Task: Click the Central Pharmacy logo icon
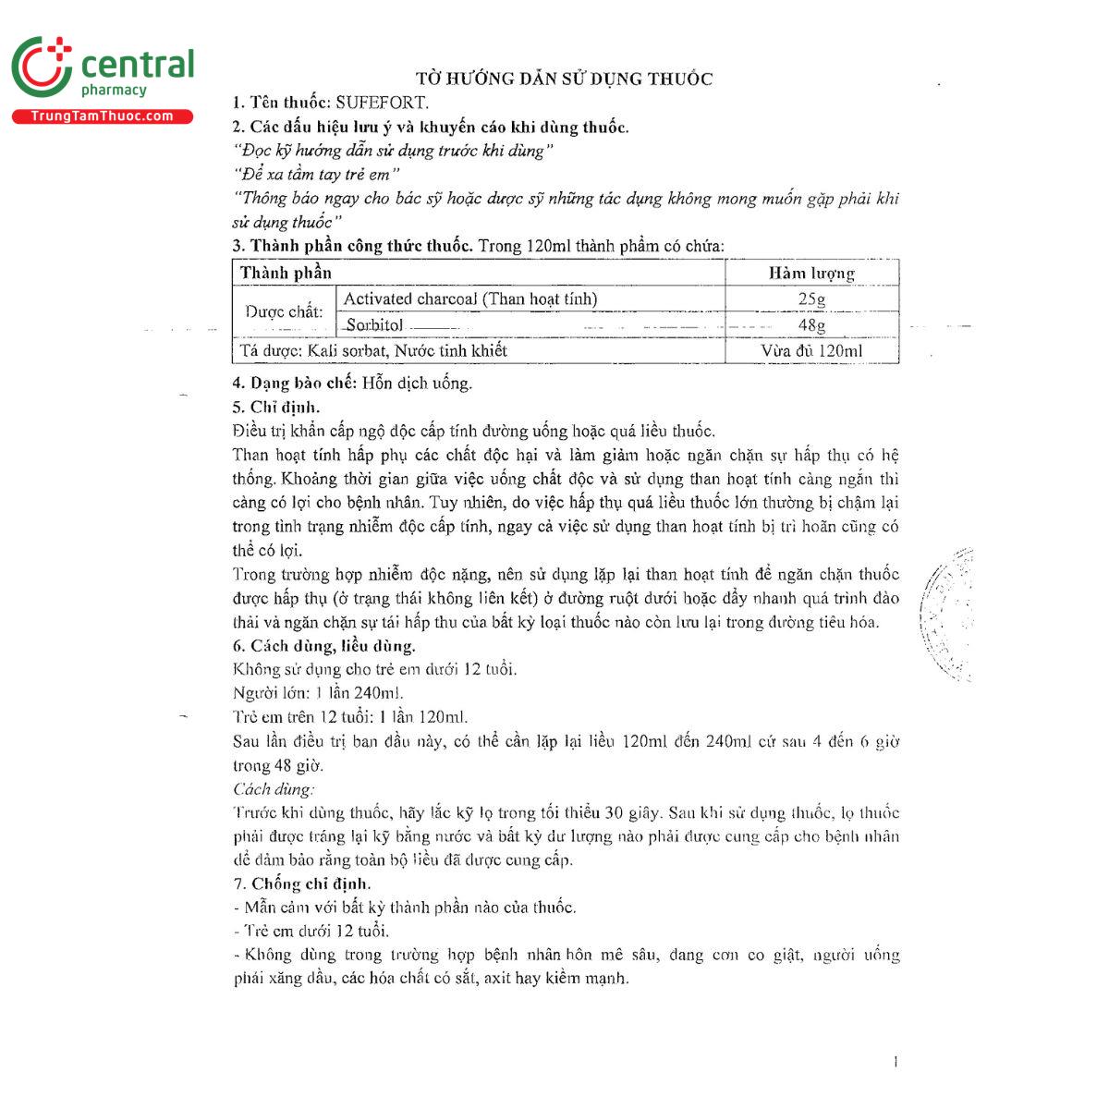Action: click(x=42, y=67)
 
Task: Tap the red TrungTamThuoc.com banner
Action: click(x=102, y=116)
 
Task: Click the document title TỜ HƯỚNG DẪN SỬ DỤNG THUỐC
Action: click(x=565, y=79)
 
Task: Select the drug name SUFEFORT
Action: click(x=382, y=103)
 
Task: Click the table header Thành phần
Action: click(x=286, y=273)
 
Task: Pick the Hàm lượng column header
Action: click(x=811, y=273)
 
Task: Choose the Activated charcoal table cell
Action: click(x=470, y=299)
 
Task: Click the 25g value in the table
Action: click(x=811, y=299)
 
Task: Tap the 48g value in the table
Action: click(x=811, y=325)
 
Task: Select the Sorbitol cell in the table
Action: click(x=374, y=325)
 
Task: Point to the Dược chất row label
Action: click(x=284, y=312)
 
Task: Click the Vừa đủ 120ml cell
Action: click(x=811, y=351)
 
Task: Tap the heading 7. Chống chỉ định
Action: click(x=301, y=884)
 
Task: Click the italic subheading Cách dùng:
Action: click(x=274, y=788)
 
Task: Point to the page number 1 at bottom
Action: click(x=895, y=1062)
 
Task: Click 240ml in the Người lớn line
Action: click(x=378, y=693)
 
